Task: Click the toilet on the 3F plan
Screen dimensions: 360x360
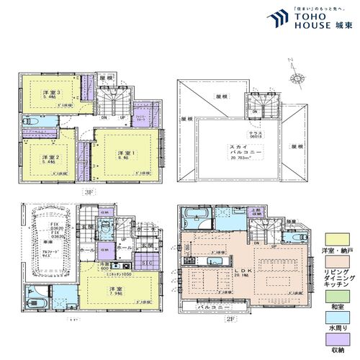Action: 29,122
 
